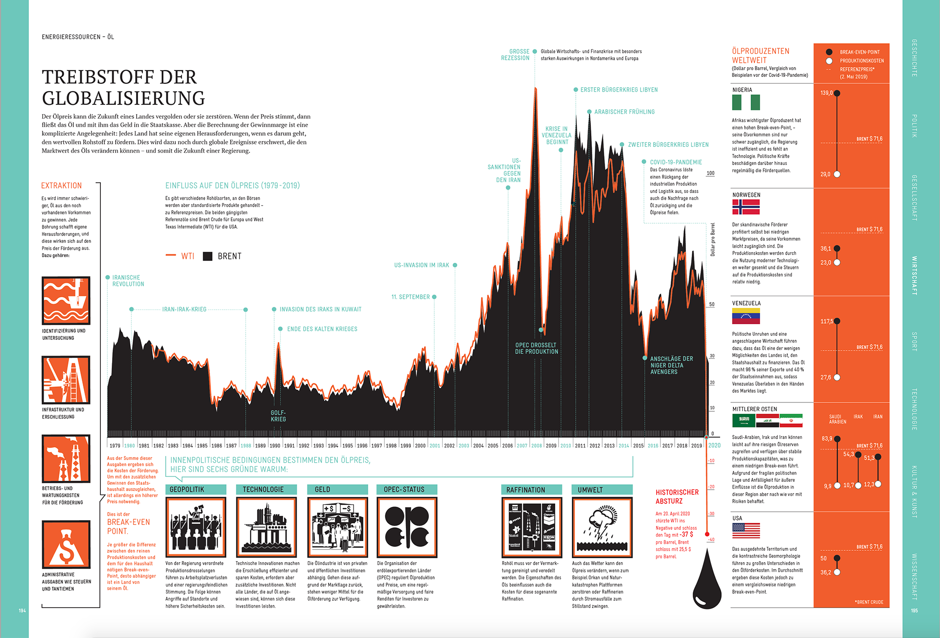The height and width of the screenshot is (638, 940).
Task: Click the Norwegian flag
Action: pyautogui.click(x=746, y=207)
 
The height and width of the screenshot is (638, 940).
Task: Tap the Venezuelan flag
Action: pyautogui.click(x=746, y=316)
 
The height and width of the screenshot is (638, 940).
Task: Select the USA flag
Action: pyautogui.click(x=746, y=530)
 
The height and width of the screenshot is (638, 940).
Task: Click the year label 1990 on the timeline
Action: pyautogui.click(x=275, y=446)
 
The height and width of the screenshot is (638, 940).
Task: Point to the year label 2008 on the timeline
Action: pyautogui.click(x=537, y=446)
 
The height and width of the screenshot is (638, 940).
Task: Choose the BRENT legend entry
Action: pyautogui.click(x=223, y=256)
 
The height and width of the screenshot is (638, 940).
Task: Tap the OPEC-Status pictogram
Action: pyautogui.click(x=406, y=527)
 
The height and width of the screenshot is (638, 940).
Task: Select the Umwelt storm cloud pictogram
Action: pyautogui.click(x=602, y=527)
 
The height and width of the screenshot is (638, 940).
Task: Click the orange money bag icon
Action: pyautogui.click(x=66, y=545)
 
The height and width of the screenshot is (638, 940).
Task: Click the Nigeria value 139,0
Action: pyautogui.click(x=826, y=93)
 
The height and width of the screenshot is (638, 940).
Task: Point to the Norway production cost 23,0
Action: pyautogui.click(x=826, y=263)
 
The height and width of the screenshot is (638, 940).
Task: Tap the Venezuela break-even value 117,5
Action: pyautogui.click(x=826, y=322)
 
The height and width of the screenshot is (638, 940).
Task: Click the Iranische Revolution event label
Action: pyautogui.click(x=128, y=281)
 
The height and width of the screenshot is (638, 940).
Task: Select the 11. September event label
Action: pyautogui.click(x=410, y=297)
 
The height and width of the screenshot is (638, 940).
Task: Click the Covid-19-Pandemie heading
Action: pyautogui.click(x=676, y=162)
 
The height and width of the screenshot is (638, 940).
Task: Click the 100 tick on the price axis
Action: pyautogui.click(x=710, y=173)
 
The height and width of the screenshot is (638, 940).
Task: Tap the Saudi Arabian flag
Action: pyautogui.click(x=744, y=420)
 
